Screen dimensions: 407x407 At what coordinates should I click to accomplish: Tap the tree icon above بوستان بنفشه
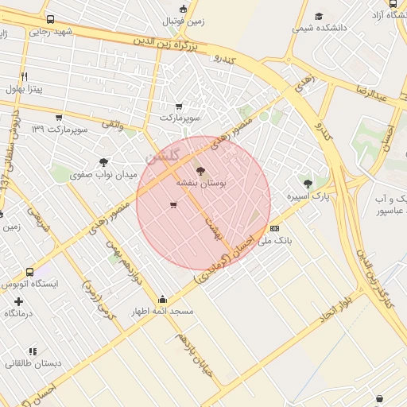coord(200,170)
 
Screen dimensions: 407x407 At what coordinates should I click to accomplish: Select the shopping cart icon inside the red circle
coord(173,206)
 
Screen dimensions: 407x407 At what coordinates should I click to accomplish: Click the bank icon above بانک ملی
coord(275,227)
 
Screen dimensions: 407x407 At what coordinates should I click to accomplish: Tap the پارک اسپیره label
coord(308,196)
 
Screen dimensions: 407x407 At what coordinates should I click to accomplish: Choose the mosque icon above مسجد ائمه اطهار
coord(163,300)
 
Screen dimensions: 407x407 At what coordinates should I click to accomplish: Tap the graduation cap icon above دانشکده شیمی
coord(319,16)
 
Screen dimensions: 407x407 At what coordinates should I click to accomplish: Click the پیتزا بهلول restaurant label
coord(25,88)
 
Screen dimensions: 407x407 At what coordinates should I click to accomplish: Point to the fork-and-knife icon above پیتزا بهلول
coord(25,76)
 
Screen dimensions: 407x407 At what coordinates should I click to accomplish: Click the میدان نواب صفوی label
coord(103,174)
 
